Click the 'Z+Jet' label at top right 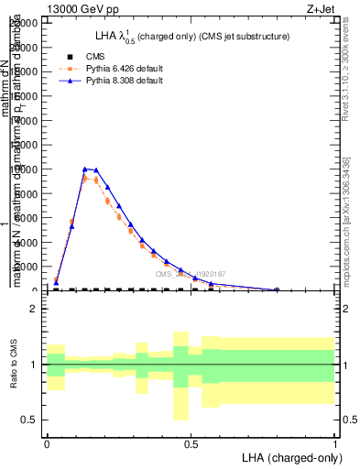321,8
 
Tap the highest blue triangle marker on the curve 84,169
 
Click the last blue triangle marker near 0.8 277,289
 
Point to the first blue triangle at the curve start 56,283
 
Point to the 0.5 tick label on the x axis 191,442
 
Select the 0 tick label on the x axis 47,442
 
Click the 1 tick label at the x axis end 334,442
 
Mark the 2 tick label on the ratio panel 34,310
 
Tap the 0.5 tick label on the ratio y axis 30,420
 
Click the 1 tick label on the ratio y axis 34,365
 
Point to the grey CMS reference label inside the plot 190,274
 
